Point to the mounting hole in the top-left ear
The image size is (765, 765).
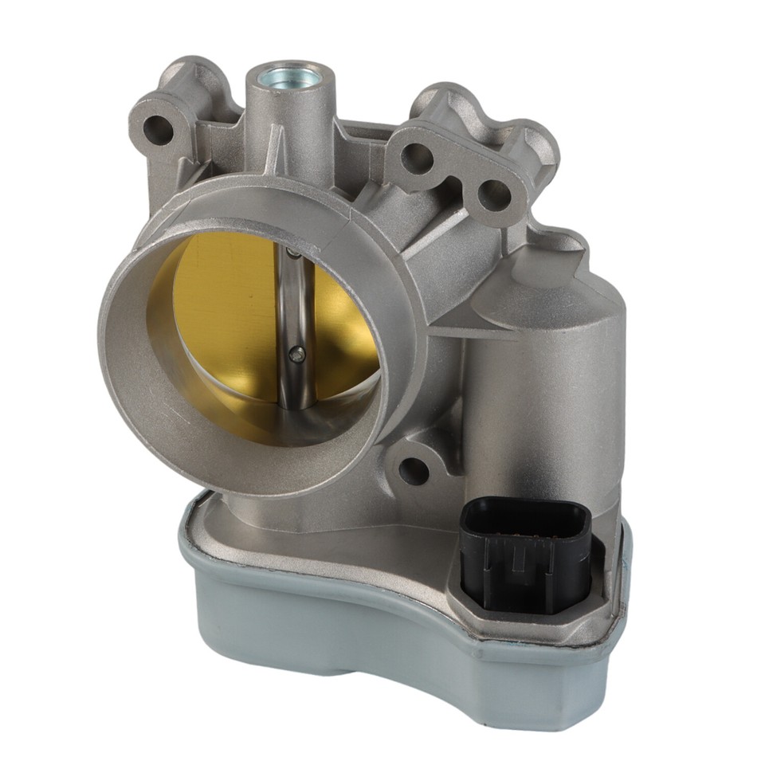[157, 128]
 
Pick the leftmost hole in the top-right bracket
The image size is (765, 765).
[416, 157]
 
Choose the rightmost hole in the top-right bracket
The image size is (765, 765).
[493, 194]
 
